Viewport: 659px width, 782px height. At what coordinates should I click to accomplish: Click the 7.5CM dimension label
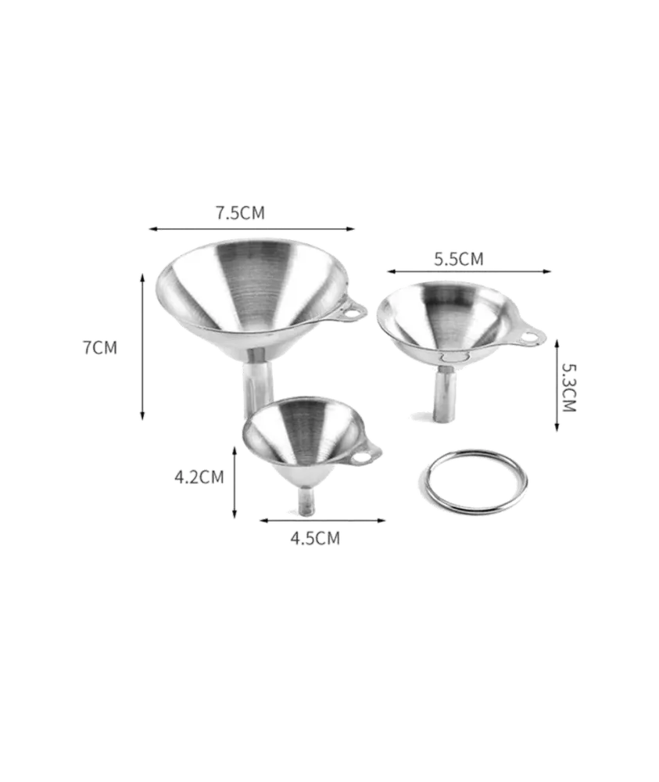coord(240,213)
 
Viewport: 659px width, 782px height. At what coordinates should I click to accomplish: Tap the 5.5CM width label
coord(459,260)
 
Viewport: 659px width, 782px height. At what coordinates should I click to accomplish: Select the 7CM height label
coord(100,348)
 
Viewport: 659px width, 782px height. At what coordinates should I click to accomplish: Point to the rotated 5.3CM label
coord(569,388)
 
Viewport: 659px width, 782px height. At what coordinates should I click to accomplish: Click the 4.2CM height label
coord(199,477)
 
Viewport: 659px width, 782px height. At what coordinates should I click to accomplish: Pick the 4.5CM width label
coord(315,539)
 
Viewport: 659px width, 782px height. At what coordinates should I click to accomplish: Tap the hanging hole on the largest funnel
coord(352,314)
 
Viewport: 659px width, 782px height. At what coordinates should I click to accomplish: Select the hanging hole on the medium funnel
coord(529,338)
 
